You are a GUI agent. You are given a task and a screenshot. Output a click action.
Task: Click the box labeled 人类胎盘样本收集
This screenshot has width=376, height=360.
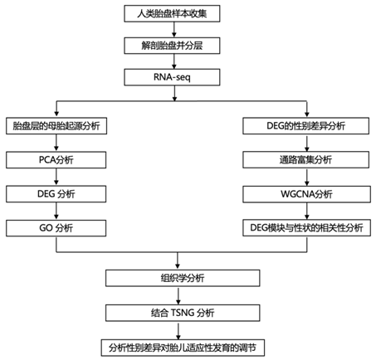[172, 13]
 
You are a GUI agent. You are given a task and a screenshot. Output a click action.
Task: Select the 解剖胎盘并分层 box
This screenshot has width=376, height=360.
[172, 46]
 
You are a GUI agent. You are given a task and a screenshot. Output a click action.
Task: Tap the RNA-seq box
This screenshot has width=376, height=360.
[172, 77]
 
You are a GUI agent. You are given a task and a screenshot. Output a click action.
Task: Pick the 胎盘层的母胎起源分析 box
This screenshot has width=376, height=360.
[56, 126]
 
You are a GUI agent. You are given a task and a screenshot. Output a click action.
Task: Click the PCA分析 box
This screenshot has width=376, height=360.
[56, 160]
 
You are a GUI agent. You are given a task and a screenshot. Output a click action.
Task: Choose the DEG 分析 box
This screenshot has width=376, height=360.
[56, 194]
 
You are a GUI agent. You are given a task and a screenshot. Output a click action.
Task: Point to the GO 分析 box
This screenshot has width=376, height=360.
[56, 228]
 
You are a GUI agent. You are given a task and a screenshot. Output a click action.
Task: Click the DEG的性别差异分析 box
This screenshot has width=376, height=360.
[305, 126]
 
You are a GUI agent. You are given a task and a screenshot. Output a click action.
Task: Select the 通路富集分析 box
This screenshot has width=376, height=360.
[305, 159]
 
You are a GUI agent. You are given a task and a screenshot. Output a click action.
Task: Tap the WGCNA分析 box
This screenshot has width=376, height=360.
[306, 194]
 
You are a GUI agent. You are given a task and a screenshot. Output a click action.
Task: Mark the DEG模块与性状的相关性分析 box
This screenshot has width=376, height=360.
[306, 228]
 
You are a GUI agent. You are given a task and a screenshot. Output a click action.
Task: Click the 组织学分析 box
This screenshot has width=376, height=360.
[183, 278]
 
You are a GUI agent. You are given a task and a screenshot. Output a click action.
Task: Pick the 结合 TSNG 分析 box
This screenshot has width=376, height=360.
[183, 313]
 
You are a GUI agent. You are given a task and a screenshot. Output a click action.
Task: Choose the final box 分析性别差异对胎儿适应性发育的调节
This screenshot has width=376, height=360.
[183, 348]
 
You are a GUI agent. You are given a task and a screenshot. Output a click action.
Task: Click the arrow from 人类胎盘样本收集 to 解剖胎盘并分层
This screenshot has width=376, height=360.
[174, 30]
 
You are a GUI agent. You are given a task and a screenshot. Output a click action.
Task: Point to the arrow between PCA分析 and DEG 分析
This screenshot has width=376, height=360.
[56, 177]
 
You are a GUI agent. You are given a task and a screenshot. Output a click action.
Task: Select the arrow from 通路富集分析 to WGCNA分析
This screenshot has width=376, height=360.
[307, 177]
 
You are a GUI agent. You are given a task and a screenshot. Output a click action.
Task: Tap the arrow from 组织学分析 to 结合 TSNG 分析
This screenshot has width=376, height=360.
[178, 295]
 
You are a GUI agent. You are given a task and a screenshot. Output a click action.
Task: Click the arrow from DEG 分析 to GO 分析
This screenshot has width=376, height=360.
[56, 211]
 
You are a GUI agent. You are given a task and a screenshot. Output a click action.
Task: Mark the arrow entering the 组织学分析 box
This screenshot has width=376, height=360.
[178, 260]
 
